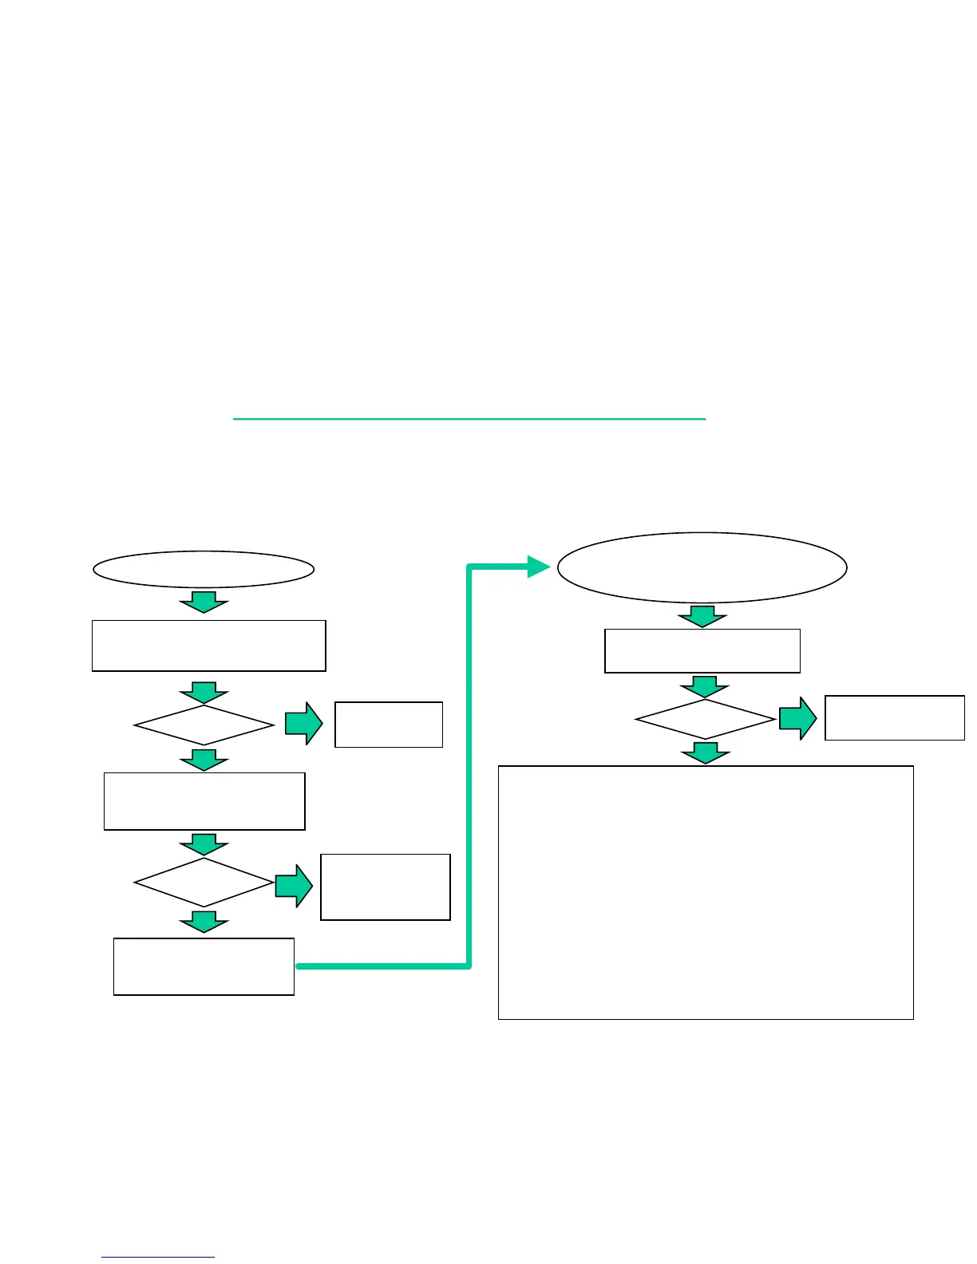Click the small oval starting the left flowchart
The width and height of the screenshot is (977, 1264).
(204, 569)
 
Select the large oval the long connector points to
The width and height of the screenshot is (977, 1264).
(702, 567)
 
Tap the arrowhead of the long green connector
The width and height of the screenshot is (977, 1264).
(539, 567)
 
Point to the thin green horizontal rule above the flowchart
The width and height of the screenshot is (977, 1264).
(469, 418)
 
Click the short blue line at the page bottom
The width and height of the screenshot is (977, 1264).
(158, 1258)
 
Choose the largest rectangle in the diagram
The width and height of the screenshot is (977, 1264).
(706, 892)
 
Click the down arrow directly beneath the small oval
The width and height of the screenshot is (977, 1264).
(204, 602)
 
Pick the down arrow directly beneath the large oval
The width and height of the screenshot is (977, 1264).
(702, 615)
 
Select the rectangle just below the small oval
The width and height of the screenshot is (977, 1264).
(209, 646)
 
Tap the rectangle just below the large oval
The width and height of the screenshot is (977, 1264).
(702, 651)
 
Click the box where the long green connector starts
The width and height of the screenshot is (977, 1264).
(204, 966)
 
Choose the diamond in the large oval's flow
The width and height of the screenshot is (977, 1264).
(706, 720)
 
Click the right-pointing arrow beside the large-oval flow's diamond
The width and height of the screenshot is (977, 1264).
(797, 719)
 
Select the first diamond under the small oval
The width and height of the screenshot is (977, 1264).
(204, 725)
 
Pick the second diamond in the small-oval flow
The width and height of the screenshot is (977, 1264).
(204, 883)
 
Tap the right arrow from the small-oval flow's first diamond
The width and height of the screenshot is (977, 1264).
(304, 725)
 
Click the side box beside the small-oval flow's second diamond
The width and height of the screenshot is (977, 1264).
(386, 887)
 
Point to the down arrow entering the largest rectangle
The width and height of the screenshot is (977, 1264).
(706, 752)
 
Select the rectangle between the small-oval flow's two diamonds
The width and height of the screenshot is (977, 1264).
(204, 801)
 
